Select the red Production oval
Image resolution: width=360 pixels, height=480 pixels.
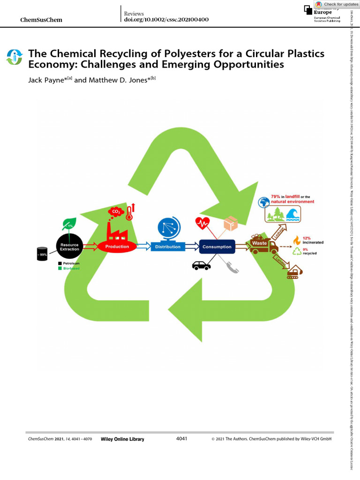[117, 246]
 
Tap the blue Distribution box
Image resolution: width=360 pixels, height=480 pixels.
[167, 247]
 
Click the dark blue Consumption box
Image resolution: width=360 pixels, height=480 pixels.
[217, 247]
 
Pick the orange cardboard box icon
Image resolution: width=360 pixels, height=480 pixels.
[230, 224]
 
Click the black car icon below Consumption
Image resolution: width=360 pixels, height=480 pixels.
[202, 265]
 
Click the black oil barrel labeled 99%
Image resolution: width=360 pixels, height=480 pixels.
[43, 254]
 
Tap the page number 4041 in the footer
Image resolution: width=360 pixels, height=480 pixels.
[181, 438]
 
